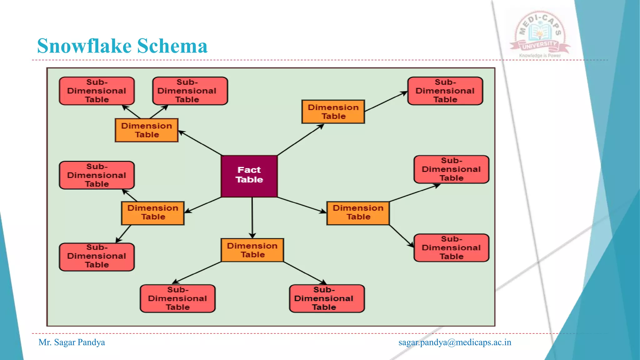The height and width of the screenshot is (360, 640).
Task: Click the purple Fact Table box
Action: click(x=249, y=176)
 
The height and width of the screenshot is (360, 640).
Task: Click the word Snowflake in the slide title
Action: click(x=84, y=46)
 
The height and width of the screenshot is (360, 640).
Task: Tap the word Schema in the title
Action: click(x=172, y=46)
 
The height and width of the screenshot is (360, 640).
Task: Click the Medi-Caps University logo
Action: click(x=540, y=33)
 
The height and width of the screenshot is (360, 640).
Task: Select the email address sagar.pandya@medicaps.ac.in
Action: click(x=455, y=342)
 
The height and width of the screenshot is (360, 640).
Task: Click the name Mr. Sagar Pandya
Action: click(x=72, y=342)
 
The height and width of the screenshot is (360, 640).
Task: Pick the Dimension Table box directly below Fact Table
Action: click(x=252, y=250)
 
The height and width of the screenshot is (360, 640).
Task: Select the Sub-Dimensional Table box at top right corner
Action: click(x=445, y=91)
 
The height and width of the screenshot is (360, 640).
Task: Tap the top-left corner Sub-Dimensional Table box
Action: click(x=97, y=91)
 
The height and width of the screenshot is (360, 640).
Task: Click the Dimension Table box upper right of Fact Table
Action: click(x=333, y=112)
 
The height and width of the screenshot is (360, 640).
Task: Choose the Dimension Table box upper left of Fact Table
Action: click(x=147, y=130)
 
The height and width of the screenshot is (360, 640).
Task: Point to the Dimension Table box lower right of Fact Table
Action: click(x=358, y=213)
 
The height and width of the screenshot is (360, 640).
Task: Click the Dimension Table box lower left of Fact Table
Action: click(x=153, y=213)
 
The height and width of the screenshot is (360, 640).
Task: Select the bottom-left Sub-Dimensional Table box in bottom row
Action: click(x=177, y=298)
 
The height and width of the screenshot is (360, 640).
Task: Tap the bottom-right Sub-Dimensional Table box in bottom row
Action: click(x=327, y=298)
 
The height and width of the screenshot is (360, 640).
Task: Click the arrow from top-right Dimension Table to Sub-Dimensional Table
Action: click(x=386, y=101)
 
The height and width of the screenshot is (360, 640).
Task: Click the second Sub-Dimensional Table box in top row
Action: click(x=190, y=91)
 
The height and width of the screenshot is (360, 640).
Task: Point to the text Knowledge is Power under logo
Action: click(x=540, y=56)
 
